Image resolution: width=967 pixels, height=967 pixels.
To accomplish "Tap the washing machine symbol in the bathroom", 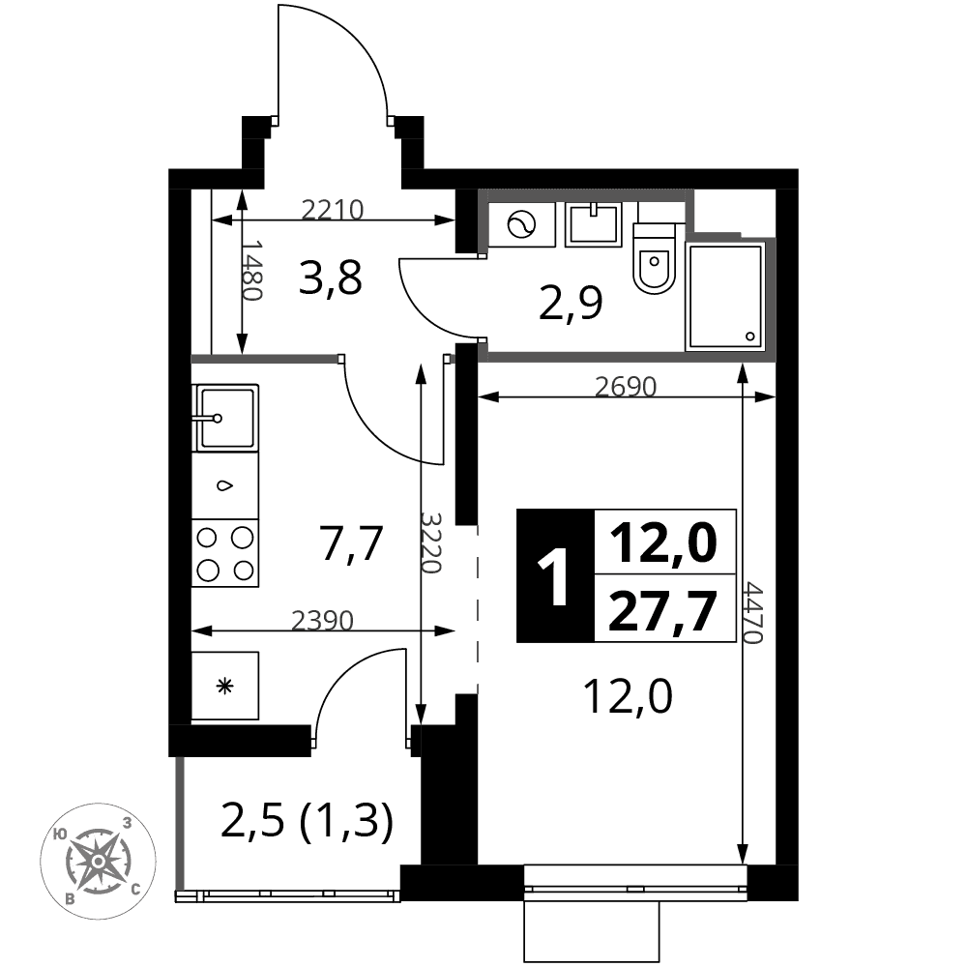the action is pyautogui.click(x=522, y=224).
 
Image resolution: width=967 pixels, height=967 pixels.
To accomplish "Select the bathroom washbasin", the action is pyautogui.click(x=594, y=224).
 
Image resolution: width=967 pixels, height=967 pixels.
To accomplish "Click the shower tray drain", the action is pyautogui.click(x=750, y=337).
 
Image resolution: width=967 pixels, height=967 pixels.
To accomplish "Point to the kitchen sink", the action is pyautogui.click(x=225, y=418).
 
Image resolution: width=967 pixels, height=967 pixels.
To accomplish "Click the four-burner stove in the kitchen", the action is pyautogui.click(x=225, y=553).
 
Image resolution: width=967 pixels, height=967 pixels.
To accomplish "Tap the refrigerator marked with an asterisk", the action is pyautogui.click(x=225, y=686).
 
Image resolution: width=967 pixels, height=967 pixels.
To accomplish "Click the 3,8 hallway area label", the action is pyautogui.click(x=330, y=278).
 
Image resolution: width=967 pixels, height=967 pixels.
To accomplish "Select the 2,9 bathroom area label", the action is pyautogui.click(x=571, y=303).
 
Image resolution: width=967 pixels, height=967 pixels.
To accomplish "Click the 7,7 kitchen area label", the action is pyautogui.click(x=352, y=543).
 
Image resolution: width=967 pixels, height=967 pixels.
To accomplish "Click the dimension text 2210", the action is pyautogui.click(x=333, y=210).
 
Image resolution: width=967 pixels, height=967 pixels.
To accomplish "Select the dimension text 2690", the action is pyautogui.click(x=626, y=387).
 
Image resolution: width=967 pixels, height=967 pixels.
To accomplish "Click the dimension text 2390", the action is pyautogui.click(x=322, y=621).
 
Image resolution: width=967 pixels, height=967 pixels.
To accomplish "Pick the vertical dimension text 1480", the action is pyautogui.click(x=251, y=270).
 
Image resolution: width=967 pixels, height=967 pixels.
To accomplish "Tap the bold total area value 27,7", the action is pyautogui.click(x=663, y=610).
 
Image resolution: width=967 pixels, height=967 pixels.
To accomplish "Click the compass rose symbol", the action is pyautogui.click(x=98, y=861).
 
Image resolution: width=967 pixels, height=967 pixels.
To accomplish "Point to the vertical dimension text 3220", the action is pyautogui.click(x=431, y=542).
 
